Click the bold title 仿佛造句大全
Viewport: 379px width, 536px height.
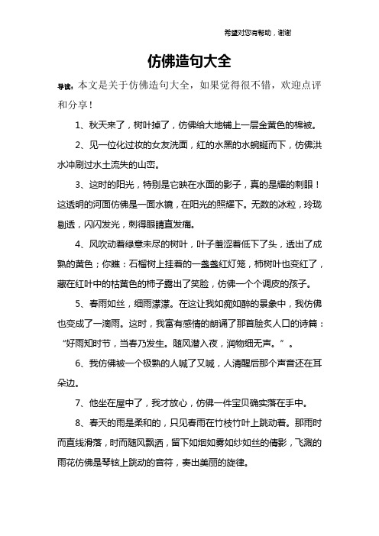click(x=189, y=60)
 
